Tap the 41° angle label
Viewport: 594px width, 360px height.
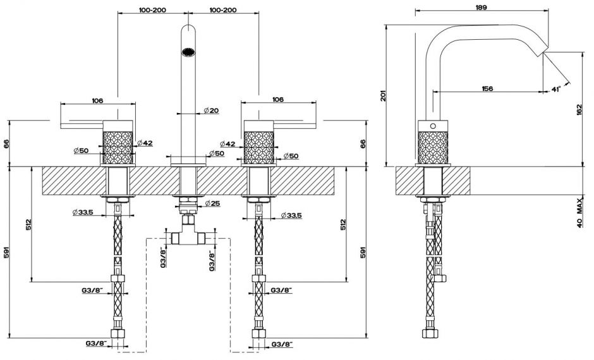point(556,90)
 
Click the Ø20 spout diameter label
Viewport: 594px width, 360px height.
point(211,111)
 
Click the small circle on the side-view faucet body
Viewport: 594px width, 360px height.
point(433,125)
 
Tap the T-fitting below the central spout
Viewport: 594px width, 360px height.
point(188,237)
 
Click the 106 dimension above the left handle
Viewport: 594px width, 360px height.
point(97,100)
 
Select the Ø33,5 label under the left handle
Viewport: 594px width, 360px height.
point(83,212)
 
